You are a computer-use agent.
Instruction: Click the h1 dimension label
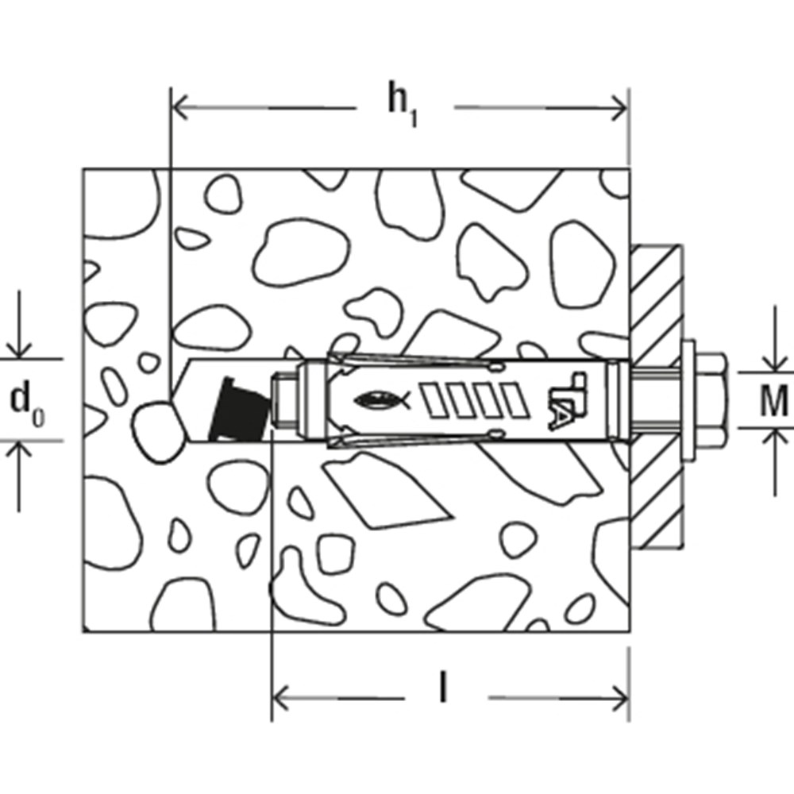click(x=403, y=104)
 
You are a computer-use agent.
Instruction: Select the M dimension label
click(x=774, y=400)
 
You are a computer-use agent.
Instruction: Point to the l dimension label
click(x=444, y=688)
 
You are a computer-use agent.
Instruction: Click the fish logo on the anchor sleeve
click(x=383, y=400)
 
